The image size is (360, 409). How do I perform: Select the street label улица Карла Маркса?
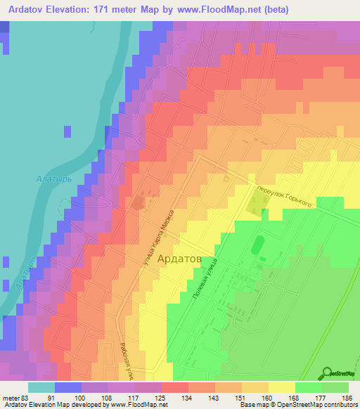click(x=163, y=238)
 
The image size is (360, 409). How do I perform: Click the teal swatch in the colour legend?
click(x=41, y=387)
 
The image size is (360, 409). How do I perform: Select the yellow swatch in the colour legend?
click(x=281, y=387)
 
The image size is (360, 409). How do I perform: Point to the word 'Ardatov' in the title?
click(x=25, y=10)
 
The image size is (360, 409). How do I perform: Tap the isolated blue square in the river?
click(x=67, y=131)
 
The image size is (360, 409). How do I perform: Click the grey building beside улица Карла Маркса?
click(x=136, y=203)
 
